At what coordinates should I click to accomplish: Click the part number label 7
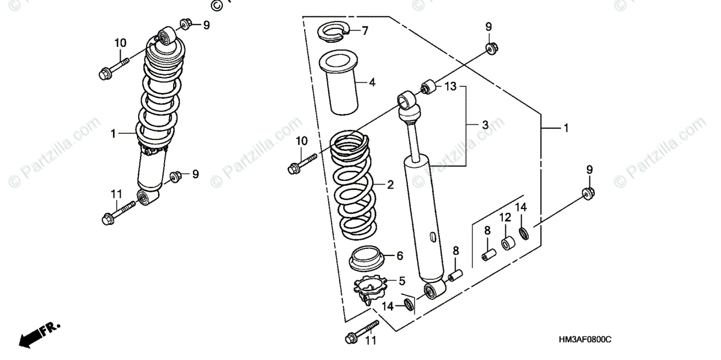click(x=365, y=30)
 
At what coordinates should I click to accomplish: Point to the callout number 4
click(x=372, y=82)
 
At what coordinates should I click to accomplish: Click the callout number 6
click(x=399, y=255)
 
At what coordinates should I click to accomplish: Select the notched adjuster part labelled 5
click(x=370, y=291)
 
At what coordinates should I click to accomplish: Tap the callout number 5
click(x=402, y=281)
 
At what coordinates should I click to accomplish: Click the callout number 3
click(x=485, y=125)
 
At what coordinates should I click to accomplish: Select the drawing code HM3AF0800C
click(x=576, y=340)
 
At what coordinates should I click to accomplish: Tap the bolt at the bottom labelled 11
click(x=359, y=334)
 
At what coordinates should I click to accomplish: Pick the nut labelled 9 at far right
click(x=588, y=194)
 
